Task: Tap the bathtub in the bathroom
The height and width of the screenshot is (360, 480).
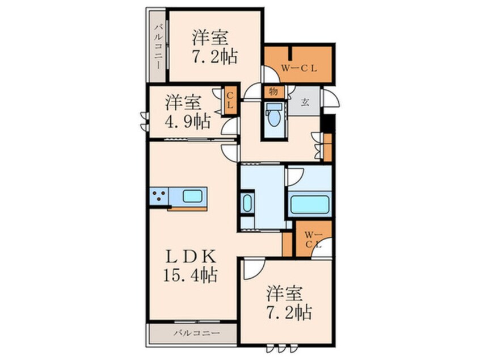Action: (309, 204)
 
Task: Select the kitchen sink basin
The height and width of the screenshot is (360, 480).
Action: (192, 196)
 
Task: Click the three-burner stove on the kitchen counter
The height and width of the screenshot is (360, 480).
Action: (159, 196)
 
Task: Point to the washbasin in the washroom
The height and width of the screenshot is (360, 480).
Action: (247, 203)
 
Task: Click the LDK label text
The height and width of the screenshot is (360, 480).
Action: (191, 257)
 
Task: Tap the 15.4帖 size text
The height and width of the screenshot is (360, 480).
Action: (191, 275)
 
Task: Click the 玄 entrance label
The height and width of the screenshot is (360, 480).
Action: (305, 102)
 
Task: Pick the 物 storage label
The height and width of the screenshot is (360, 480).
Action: (273, 91)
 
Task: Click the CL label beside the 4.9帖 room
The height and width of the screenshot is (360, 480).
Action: (230, 101)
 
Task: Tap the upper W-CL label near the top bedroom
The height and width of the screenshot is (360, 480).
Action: (299, 69)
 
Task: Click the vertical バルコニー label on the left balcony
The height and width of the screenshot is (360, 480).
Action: (158, 47)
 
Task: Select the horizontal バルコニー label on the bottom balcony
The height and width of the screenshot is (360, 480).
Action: (197, 333)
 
